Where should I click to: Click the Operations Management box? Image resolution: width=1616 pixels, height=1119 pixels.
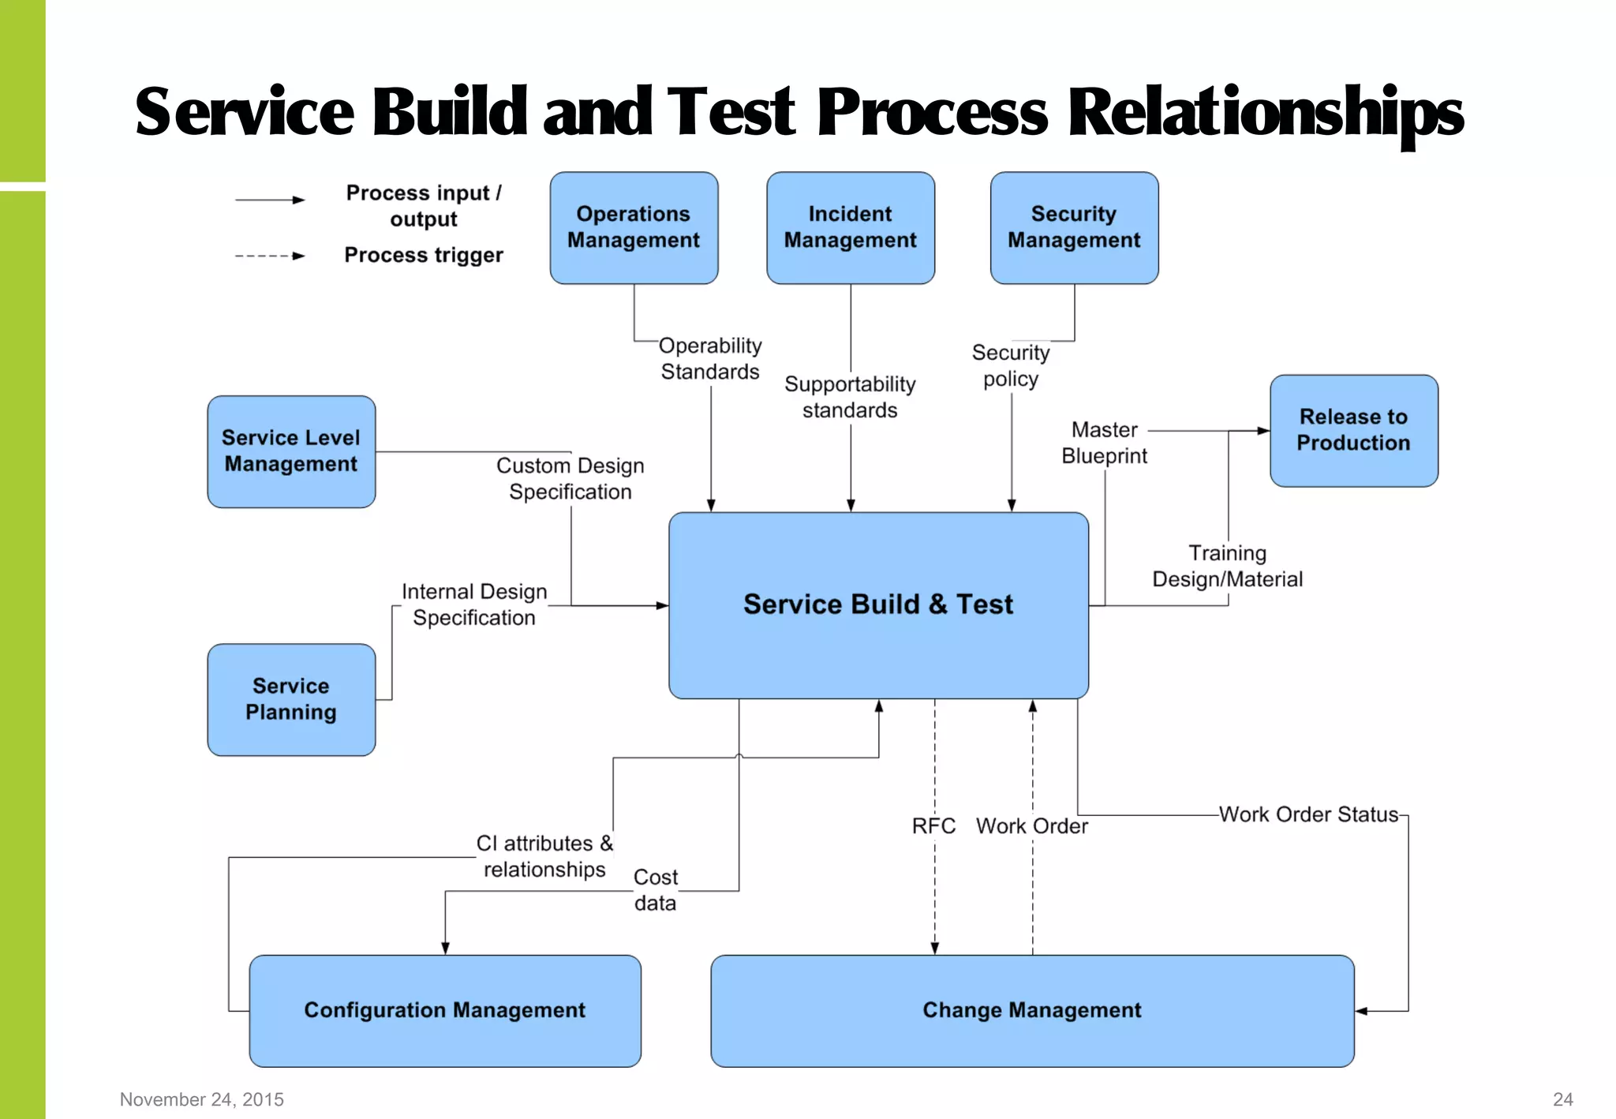tap(634, 228)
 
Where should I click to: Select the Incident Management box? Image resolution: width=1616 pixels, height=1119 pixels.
tap(850, 228)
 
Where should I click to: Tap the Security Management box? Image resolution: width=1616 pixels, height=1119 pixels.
tap(1074, 228)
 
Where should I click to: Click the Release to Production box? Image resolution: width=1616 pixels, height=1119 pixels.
tap(1353, 430)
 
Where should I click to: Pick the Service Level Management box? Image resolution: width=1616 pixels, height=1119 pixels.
tap(291, 451)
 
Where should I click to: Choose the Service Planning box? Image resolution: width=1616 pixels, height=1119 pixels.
tap(291, 699)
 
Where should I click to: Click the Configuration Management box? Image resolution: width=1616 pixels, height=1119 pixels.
tap(445, 1011)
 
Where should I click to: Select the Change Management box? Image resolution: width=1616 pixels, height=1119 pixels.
tap(1032, 1011)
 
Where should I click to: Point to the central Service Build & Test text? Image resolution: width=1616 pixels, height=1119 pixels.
tap(877, 604)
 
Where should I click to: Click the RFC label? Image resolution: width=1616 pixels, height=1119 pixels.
tap(933, 826)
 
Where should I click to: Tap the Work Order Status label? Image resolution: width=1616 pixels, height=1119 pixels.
tap(1308, 814)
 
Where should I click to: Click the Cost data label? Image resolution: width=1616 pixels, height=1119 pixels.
tap(655, 890)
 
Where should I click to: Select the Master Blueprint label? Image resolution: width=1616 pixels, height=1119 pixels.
tap(1104, 443)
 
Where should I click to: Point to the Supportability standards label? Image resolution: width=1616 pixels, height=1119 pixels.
tap(850, 397)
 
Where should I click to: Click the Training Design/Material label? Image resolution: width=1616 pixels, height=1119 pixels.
tap(1227, 567)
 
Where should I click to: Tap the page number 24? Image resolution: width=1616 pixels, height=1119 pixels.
tap(1562, 1099)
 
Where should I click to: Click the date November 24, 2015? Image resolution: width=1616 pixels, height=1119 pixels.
tap(202, 1099)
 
